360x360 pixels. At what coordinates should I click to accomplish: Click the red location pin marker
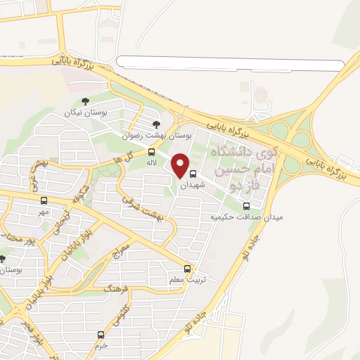pos(181,165)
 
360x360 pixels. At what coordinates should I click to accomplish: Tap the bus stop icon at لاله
pos(152,152)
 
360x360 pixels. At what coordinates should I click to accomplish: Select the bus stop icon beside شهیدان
pos(193,174)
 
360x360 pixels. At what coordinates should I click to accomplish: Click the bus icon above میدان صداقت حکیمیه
pos(246,206)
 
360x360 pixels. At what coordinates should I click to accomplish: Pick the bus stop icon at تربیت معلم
pos(187,269)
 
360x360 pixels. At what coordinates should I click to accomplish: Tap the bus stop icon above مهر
pos(44,200)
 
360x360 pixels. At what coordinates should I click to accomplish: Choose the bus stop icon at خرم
pos(101,335)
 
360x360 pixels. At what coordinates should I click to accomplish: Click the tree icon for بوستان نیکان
pos(85,102)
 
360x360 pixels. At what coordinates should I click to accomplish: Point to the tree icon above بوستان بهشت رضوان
pos(166,124)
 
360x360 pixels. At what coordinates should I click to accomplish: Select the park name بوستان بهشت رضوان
pos(166,135)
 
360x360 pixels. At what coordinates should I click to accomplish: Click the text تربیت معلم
pos(184,280)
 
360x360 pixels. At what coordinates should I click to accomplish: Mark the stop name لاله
pos(151,163)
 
